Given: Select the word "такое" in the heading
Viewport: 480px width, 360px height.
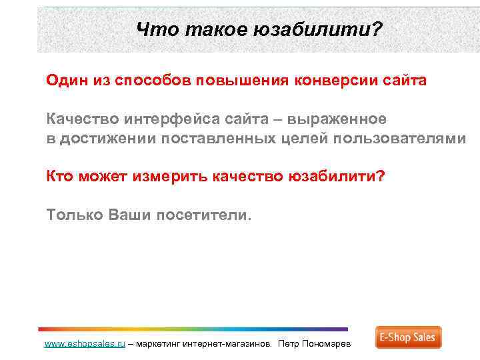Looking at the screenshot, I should (204, 29).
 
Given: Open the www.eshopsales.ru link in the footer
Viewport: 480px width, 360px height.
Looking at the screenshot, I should (84, 344).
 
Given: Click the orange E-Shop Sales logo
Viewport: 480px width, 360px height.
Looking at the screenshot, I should (408, 337).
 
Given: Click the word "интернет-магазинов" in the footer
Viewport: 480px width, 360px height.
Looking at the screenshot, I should (224, 344).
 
